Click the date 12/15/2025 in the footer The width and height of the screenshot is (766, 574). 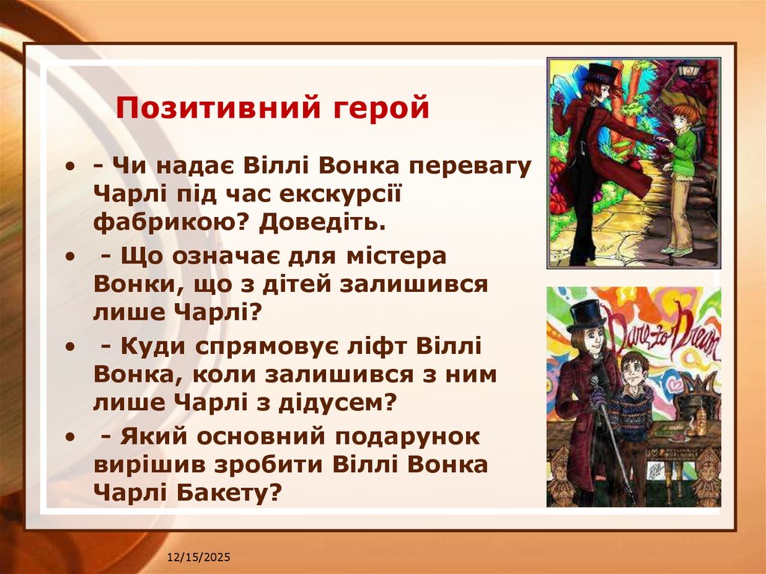click(x=199, y=558)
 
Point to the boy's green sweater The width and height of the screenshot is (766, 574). click(x=683, y=147)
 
